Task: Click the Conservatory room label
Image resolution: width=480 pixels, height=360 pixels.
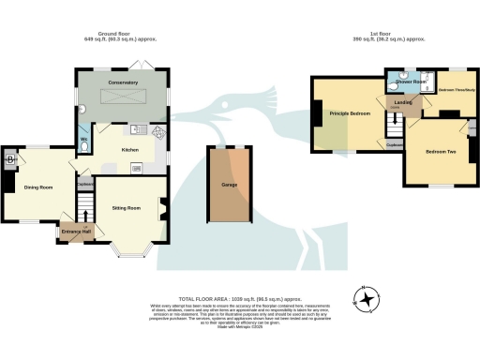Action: (x=123, y=83)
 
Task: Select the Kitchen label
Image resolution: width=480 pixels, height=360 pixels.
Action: (x=129, y=148)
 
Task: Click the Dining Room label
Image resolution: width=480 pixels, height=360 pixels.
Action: (x=37, y=187)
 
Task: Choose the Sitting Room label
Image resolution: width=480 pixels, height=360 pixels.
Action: (x=126, y=207)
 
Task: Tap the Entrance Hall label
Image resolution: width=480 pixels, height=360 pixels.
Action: (x=73, y=231)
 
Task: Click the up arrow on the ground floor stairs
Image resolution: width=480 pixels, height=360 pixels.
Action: (x=86, y=225)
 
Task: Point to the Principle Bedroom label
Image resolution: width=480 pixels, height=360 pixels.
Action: (x=350, y=113)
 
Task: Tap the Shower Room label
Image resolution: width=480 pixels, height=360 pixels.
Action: (x=410, y=82)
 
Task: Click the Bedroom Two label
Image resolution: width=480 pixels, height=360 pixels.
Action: (x=440, y=151)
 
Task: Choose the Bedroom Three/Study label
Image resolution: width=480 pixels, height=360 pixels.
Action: (x=457, y=90)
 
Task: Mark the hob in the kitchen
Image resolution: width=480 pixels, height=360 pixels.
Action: (x=158, y=132)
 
